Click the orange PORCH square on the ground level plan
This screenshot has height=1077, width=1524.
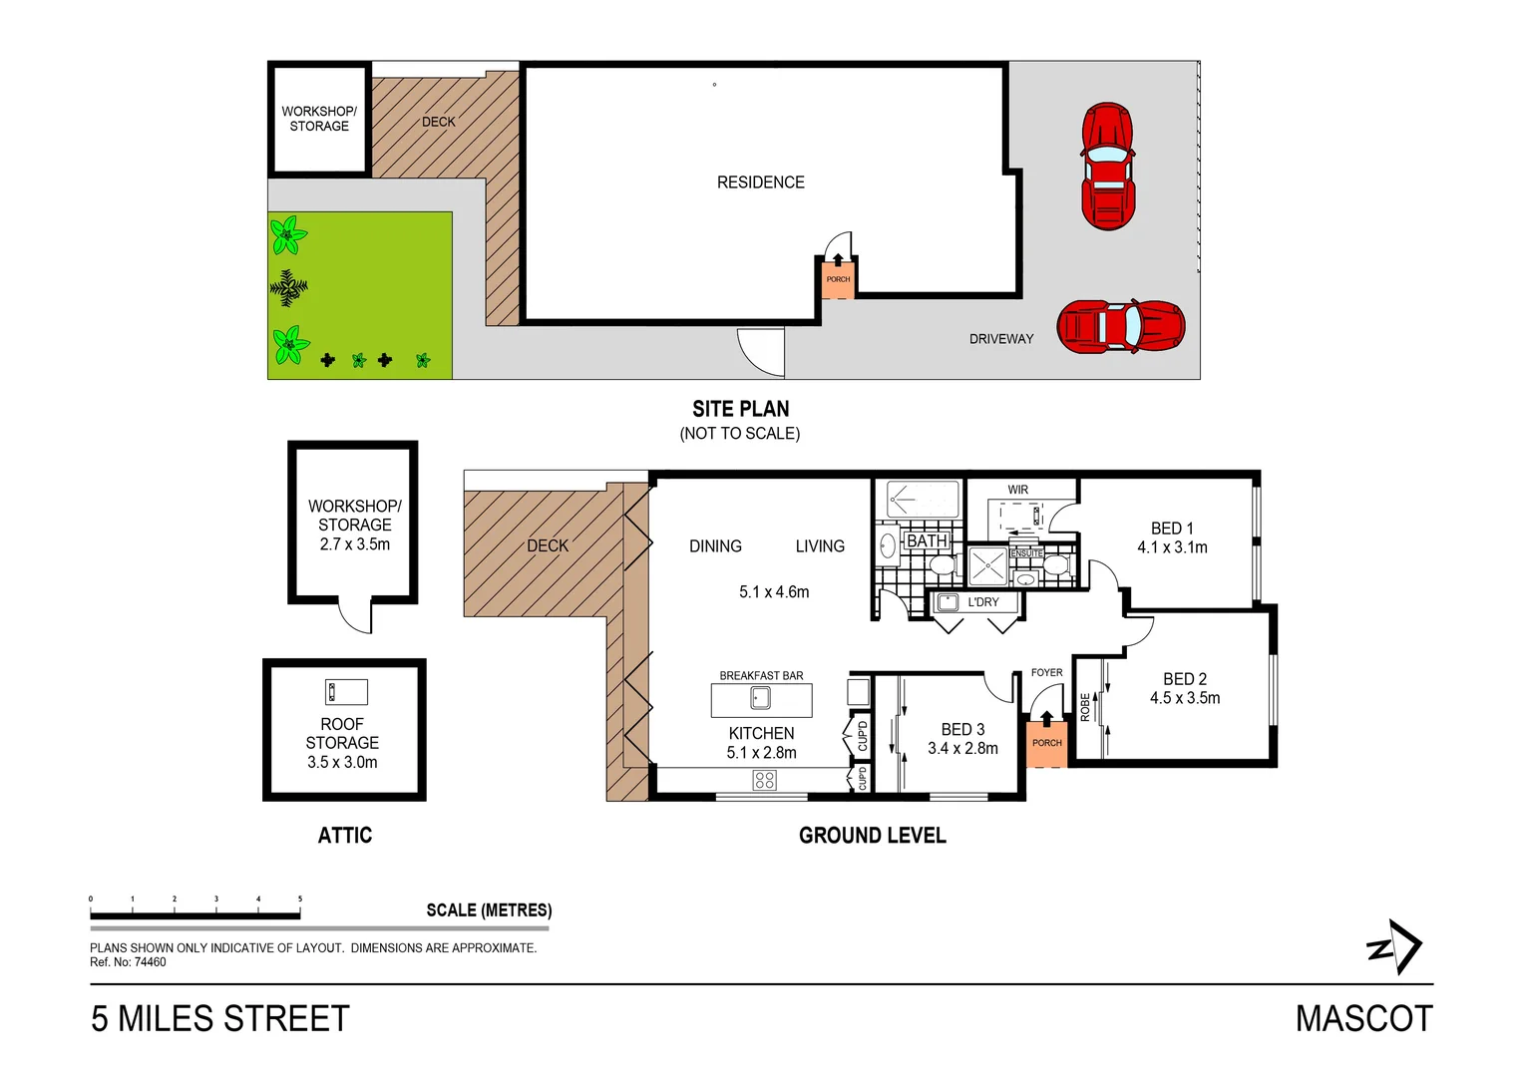pyautogui.click(x=1047, y=744)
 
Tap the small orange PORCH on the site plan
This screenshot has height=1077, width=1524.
pyautogui.click(x=838, y=279)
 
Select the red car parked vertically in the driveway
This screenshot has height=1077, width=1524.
pyautogui.click(x=1107, y=166)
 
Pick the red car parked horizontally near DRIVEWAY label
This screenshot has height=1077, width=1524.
pyautogui.click(x=1120, y=326)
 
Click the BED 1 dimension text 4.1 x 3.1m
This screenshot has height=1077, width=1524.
pyautogui.click(x=1172, y=547)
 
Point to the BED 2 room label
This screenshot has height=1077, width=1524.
pyautogui.click(x=1184, y=679)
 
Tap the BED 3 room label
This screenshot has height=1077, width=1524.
pyautogui.click(x=962, y=730)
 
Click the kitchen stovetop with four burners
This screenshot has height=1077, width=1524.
pyautogui.click(x=765, y=781)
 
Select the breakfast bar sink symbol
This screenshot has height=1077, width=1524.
pyautogui.click(x=760, y=699)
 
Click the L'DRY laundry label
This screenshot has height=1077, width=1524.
pyautogui.click(x=982, y=602)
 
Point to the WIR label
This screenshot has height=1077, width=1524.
pyautogui.click(x=1017, y=490)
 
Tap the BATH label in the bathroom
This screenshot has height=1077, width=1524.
pyautogui.click(x=927, y=540)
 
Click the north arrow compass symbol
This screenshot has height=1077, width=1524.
pyautogui.click(x=1395, y=947)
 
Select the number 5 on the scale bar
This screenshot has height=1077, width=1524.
pyautogui.click(x=299, y=898)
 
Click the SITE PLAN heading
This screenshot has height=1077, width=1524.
pyautogui.click(x=740, y=409)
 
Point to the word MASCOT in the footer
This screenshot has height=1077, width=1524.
pyautogui.click(x=1363, y=1019)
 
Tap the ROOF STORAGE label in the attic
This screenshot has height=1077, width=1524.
pyautogui.click(x=342, y=734)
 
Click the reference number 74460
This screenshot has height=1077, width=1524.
pyautogui.click(x=150, y=962)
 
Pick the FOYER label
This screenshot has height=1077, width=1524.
pyautogui.click(x=1046, y=673)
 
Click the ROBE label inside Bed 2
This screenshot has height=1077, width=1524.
pyautogui.click(x=1085, y=707)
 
